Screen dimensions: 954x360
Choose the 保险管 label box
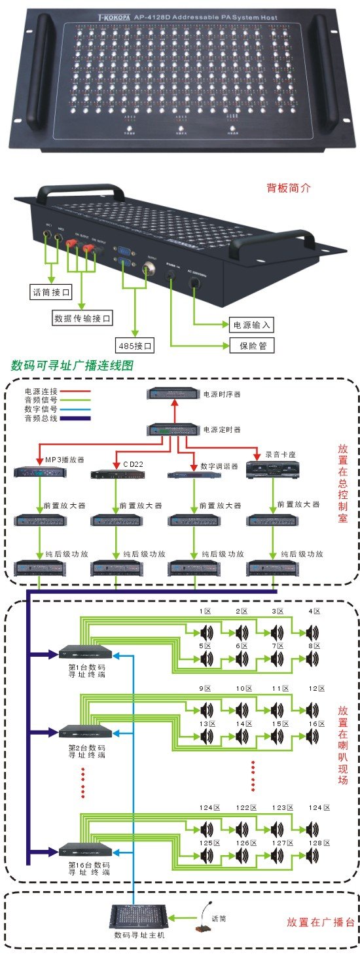(x=251, y=346)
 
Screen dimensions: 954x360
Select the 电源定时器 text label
(x=222, y=430)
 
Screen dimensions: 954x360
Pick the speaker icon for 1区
(x=207, y=633)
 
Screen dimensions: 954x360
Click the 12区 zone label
(x=317, y=689)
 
